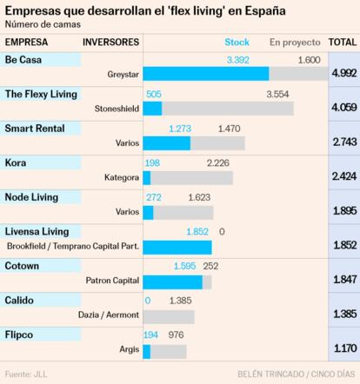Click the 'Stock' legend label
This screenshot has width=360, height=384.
(x=237, y=42)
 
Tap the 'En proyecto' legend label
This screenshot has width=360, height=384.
(x=295, y=42)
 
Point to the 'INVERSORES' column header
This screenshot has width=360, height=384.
(x=111, y=42)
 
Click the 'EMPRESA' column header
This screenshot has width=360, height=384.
(x=27, y=42)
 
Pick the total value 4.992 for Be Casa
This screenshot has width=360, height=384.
(x=343, y=73)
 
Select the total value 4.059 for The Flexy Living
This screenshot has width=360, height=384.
(x=343, y=108)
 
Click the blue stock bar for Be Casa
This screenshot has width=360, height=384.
(x=205, y=75)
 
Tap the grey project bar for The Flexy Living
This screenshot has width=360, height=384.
(x=228, y=109)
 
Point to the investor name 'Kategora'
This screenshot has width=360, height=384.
(x=121, y=178)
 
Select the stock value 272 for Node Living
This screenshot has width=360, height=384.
(x=153, y=197)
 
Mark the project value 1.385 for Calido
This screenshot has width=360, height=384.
(x=181, y=301)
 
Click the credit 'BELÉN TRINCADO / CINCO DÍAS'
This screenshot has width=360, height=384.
(x=296, y=374)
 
